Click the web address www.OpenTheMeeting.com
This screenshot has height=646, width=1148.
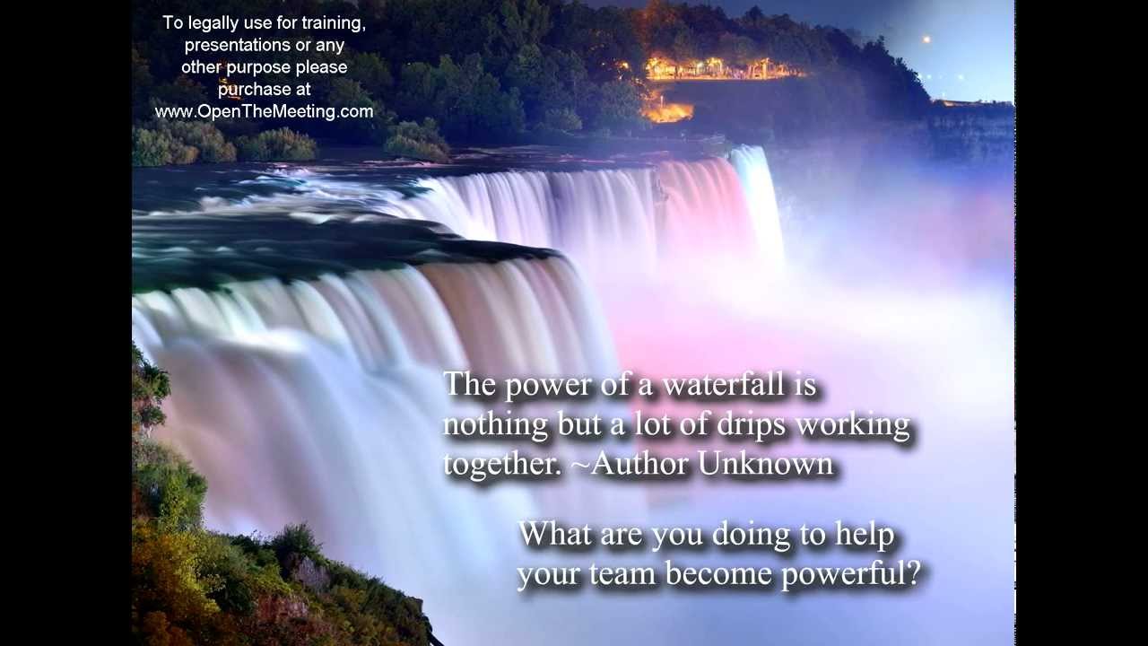point(264,112)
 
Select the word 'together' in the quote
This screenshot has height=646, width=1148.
point(496,465)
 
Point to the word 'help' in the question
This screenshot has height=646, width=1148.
point(865,536)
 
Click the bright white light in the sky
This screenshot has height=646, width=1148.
point(925,39)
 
